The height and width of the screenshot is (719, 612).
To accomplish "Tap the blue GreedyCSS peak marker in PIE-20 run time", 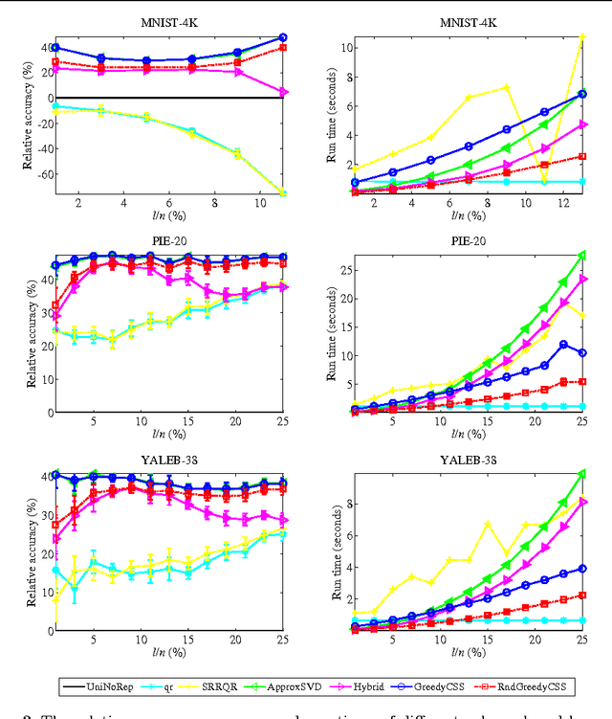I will pyautogui.click(x=564, y=344).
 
